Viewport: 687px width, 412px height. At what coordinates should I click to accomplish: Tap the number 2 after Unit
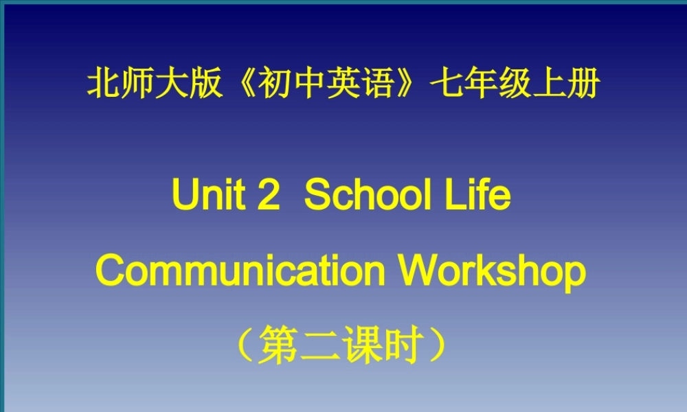point(269,196)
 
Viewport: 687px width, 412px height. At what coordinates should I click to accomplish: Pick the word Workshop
point(493,273)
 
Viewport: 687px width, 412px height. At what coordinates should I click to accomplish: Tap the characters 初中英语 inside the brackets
point(326,84)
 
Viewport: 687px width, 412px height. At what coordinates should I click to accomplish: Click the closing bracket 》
point(410,85)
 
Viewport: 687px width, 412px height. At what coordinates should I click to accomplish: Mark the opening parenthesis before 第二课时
point(244,344)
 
